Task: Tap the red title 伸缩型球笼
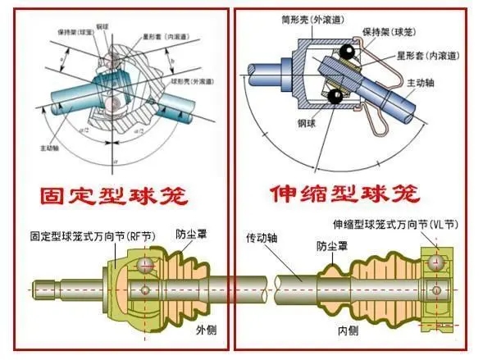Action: [345, 194]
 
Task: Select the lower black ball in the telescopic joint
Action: [334, 98]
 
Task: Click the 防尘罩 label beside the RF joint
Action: [190, 233]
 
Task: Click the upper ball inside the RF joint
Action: [145, 263]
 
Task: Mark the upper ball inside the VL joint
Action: [434, 263]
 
